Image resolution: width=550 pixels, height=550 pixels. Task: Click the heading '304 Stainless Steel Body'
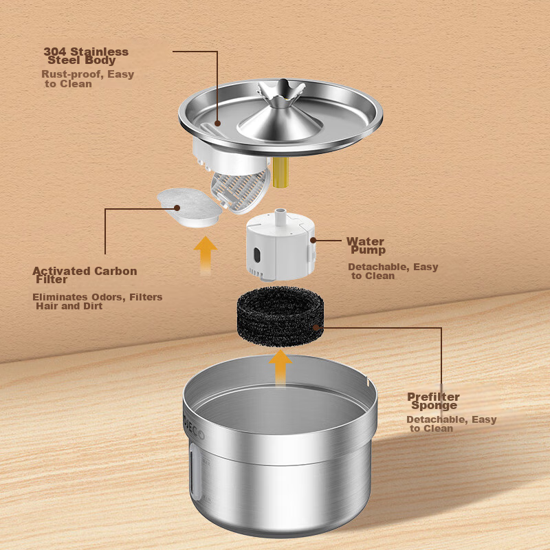pyautogui.click(x=86, y=56)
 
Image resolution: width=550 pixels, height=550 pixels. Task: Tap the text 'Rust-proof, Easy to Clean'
pyautogui.click(x=88, y=79)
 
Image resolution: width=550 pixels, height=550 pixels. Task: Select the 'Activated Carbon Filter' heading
pyautogui.click(x=85, y=275)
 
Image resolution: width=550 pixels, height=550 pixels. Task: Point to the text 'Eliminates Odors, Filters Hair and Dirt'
pyautogui.click(x=97, y=301)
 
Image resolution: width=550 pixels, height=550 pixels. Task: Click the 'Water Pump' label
pyautogui.click(x=366, y=245)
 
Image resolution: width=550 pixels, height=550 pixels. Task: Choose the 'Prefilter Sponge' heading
pyautogui.click(x=433, y=401)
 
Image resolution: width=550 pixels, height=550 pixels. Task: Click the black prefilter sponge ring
pyautogui.click(x=280, y=316)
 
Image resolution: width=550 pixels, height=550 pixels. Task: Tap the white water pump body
pyautogui.click(x=280, y=249)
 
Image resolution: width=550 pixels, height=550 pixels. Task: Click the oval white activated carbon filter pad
pyautogui.click(x=189, y=208)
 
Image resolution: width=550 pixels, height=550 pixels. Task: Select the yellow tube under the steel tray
pyautogui.click(x=280, y=172)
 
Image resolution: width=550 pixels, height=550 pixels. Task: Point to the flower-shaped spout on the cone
pyautogui.click(x=280, y=92)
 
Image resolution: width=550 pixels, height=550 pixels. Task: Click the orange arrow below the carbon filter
pyautogui.click(x=206, y=255)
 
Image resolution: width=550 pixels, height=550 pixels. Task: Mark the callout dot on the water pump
pyautogui.click(x=313, y=240)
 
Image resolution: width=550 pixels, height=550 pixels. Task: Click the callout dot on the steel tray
pyautogui.click(x=217, y=124)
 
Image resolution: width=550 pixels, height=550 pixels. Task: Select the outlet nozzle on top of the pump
pyautogui.click(x=280, y=216)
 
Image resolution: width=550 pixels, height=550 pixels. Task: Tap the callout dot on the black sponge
pyautogui.click(x=316, y=328)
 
